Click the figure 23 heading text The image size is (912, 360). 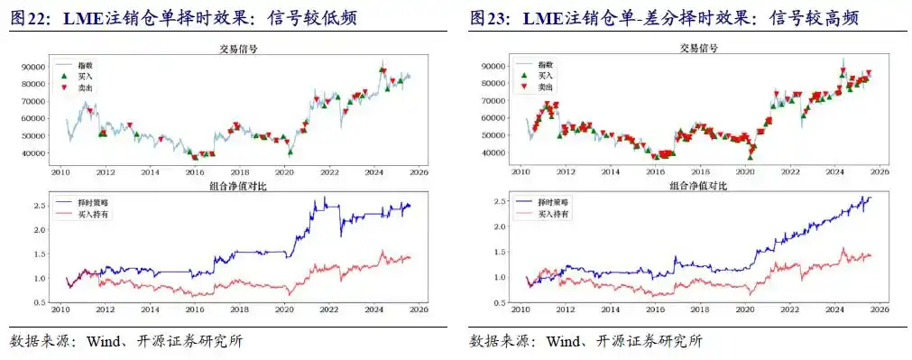tap(663, 17)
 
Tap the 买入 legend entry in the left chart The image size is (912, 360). tap(86, 77)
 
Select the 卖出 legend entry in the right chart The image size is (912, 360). tap(546, 88)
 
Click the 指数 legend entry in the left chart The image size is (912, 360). tap(86, 66)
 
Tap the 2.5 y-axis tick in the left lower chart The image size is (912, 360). tap(40, 206)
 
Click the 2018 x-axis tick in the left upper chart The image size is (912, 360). tap(239, 171)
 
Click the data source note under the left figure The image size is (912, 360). tap(126, 341)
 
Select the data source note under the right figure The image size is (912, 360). tap(586, 341)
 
